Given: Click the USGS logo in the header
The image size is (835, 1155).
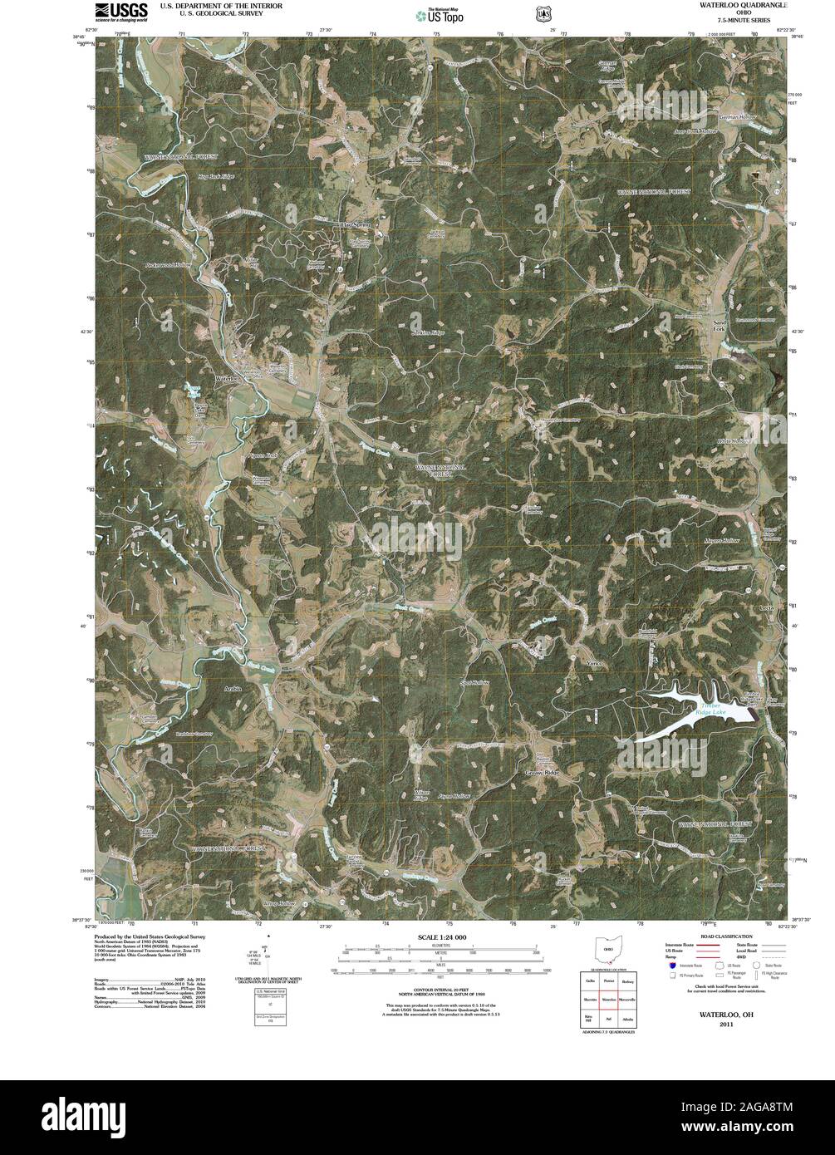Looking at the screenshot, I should (x=120, y=11).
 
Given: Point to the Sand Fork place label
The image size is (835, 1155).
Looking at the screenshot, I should (x=720, y=326).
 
